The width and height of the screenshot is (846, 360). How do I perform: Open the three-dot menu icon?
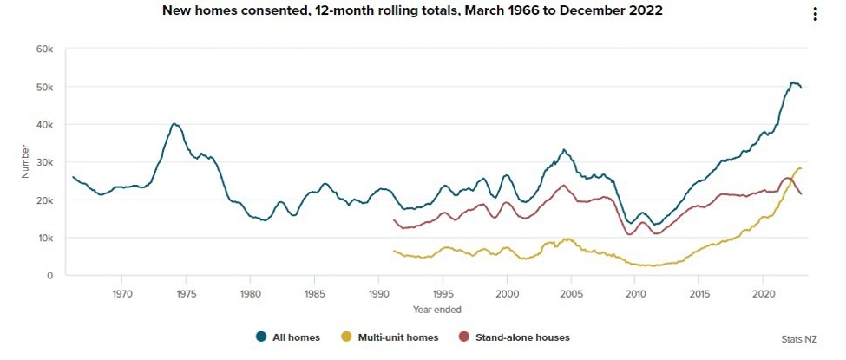coord(815,14)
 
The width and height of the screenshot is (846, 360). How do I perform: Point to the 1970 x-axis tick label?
coord(121,292)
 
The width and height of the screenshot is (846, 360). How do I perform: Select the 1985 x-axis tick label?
coord(314,292)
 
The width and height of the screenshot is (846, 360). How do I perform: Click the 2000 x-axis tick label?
coord(507,292)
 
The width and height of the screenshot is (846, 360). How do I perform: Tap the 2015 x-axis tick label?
coord(699,292)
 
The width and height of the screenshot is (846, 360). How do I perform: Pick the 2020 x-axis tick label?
coord(764,292)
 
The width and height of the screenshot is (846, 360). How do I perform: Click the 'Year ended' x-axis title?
coord(437,309)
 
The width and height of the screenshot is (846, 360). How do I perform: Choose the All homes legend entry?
coord(291,337)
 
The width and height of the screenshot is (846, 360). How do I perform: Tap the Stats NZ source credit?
coord(797,339)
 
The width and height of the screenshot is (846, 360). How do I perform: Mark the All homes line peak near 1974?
coord(174,124)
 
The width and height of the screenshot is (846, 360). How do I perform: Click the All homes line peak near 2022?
coord(792,82)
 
